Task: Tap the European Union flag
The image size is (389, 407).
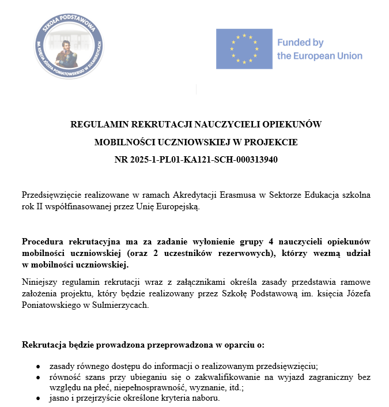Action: (x=244, y=49)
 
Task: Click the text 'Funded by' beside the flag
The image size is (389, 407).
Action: (x=300, y=43)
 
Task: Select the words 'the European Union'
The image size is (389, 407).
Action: (x=320, y=56)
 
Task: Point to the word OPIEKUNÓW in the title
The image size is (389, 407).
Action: (x=296, y=124)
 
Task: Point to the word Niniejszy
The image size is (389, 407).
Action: (x=40, y=282)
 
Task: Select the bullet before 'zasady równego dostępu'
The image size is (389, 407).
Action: (x=37, y=366)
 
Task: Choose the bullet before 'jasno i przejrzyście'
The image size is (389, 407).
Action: (x=37, y=398)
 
